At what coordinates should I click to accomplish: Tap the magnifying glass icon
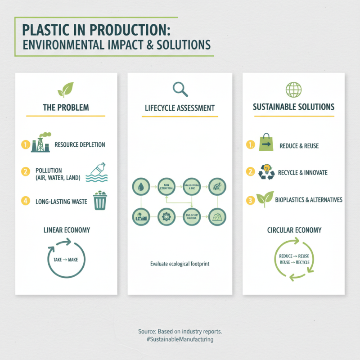(180, 89)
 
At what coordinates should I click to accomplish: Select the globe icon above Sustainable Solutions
(293, 89)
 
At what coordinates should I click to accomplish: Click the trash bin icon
(99, 201)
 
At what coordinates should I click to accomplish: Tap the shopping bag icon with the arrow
(266, 144)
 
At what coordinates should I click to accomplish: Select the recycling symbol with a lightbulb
(267, 172)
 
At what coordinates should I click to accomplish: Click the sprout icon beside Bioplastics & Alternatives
(265, 199)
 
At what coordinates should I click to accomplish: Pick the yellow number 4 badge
(25, 201)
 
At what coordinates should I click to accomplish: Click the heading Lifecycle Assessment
(180, 108)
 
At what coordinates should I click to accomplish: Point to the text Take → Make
(66, 260)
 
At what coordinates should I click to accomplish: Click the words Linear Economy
(67, 230)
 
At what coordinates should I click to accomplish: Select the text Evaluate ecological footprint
(180, 264)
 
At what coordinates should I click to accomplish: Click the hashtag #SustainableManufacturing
(180, 339)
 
